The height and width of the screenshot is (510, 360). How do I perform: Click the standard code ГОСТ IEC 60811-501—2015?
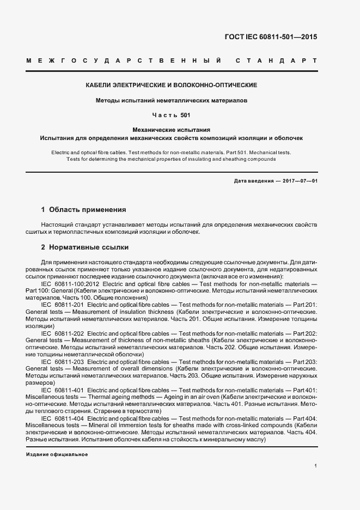[270, 38]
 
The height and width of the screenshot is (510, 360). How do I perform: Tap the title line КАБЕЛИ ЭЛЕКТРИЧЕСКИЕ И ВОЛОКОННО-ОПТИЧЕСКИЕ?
[172, 86]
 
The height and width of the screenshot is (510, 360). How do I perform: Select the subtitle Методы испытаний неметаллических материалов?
[172, 101]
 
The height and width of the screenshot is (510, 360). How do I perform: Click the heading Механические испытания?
[172, 130]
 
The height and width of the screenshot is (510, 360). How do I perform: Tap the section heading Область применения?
[88, 209]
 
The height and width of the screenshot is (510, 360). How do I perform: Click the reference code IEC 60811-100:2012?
[70, 284]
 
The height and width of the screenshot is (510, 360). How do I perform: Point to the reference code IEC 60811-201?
[63, 305]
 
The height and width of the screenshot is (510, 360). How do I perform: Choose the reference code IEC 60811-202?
[63, 332]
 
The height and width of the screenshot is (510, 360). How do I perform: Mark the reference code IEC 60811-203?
[63, 361]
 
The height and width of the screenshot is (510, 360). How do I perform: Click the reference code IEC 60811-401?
[63, 390]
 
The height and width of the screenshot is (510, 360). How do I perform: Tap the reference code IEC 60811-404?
[63, 417]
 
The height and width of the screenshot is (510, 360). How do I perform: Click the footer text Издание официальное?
[57, 454]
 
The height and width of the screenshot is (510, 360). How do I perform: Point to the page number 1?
[316, 466]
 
